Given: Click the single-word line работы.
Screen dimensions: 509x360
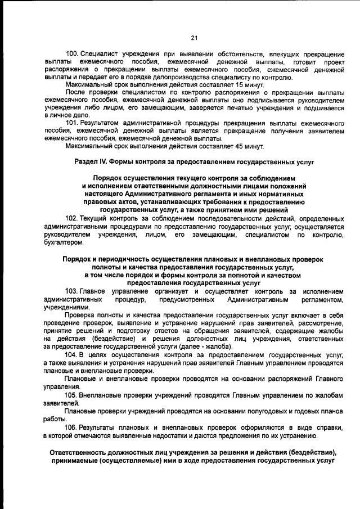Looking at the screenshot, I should [x=55, y=420].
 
